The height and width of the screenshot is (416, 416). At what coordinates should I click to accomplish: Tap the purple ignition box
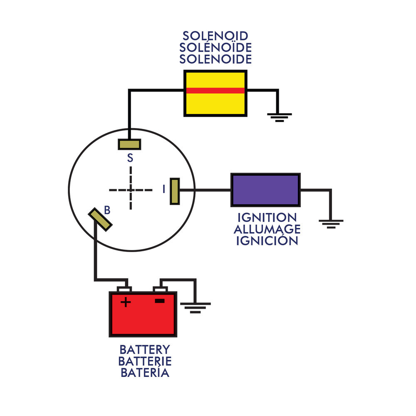(x=265, y=190)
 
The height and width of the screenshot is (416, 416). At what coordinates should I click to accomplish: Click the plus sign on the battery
(x=125, y=302)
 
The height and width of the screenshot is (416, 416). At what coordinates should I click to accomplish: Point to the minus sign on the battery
(x=160, y=301)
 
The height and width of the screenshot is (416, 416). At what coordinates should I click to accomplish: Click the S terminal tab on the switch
(x=129, y=144)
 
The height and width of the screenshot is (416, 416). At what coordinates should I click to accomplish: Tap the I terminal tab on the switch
(x=175, y=191)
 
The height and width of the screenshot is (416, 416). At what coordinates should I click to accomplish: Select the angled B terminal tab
(x=100, y=219)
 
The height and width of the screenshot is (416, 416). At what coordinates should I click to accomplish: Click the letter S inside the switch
(x=130, y=158)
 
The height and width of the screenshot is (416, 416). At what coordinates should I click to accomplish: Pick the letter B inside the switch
(x=107, y=210)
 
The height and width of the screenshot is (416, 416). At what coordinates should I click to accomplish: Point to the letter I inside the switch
(x=164, y=190)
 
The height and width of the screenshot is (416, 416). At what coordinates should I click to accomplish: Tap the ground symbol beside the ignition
(x=331, y=224)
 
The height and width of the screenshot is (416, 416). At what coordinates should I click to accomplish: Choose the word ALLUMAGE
(x=267, y=229)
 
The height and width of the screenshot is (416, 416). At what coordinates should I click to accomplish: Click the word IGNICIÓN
(x=267, y=240)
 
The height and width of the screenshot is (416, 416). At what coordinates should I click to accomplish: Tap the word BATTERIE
(x=145, y=361)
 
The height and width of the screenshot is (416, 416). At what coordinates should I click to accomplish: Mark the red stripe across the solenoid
(x=215, y=90)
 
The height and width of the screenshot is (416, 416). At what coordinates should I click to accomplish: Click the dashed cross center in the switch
(x=131, y=190)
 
